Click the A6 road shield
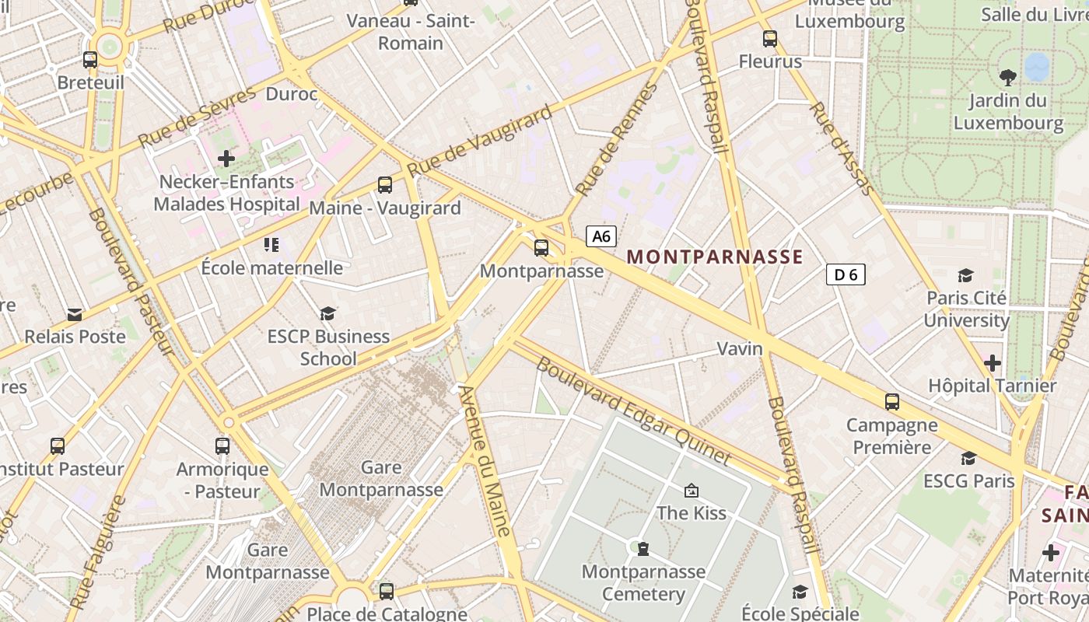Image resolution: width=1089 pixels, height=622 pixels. pos(601,236)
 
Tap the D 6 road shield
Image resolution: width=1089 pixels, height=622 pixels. pos(845,274)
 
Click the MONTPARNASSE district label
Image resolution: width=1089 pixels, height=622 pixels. pos(714,257)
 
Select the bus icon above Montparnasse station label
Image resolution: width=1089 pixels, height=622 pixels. pos(541,248)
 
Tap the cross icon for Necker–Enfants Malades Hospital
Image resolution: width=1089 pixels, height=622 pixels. pos(226,159)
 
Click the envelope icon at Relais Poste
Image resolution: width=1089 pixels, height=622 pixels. pos(75,314)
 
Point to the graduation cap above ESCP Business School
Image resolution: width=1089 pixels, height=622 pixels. pos(328,313)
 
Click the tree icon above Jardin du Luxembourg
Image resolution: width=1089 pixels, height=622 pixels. pos(1008,77)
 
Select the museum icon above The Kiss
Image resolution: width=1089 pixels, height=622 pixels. pos(691,491)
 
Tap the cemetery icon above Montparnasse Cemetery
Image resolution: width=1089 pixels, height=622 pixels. pos(643,549)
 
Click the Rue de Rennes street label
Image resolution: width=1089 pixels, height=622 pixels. pos(617,139)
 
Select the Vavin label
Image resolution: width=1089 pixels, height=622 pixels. pos(740,348)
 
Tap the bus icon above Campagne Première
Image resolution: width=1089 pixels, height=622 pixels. pos(891,402)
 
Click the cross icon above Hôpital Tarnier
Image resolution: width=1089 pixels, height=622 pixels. pos(992,363)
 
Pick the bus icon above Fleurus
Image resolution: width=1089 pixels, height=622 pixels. pos(770,38)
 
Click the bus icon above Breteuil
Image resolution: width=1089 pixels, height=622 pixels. pos(90,59)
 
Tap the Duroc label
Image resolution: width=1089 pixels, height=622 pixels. pos(292,94)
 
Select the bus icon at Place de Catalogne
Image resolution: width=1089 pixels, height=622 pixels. pos(387,591)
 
